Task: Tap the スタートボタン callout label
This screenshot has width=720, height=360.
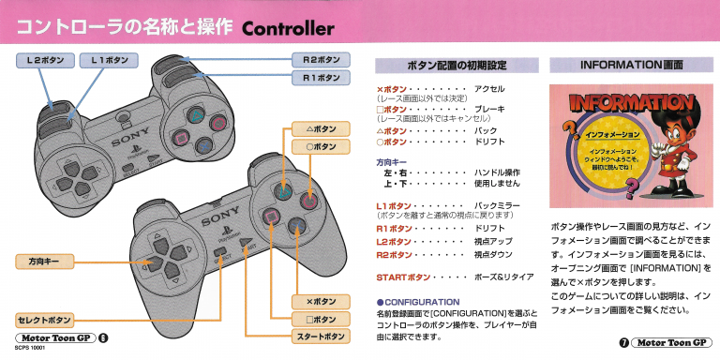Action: (322, 336)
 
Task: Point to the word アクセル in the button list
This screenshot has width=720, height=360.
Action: (489, 87)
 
